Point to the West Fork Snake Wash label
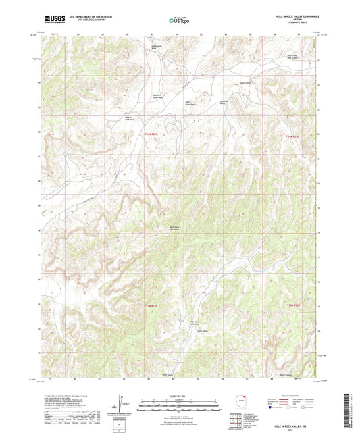click(x=161, y=96)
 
